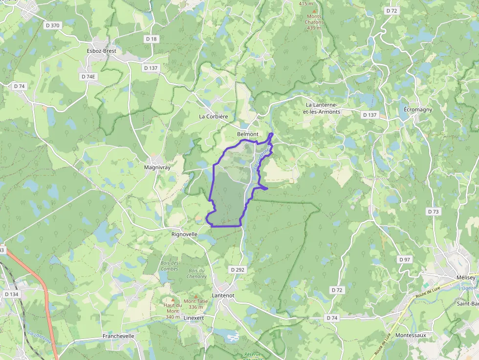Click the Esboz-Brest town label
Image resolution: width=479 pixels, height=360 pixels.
coord(102,50)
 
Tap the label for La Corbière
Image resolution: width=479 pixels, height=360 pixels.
coord(213,117)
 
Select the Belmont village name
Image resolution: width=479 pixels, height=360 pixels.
coord(247,134)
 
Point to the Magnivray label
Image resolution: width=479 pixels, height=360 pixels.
coord(157,167)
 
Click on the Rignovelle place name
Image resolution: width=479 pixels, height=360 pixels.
coord(184,234)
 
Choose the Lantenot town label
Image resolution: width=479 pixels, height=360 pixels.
coord(223,296)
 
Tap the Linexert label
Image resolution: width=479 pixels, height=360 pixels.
coord(194,318)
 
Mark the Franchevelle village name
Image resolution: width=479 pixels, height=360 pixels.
coord(118,336)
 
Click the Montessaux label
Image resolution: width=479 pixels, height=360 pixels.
coord(411,335)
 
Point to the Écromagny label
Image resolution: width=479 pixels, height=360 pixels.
coord(418,109)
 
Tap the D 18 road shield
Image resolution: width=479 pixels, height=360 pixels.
coord(151,39)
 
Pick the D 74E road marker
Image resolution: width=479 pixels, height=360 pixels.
coord(88,77)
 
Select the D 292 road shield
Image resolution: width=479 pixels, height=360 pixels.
coord(237,269)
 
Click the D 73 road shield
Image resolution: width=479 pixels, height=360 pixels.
coord(433,212)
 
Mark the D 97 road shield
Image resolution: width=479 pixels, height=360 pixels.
coord(404,259)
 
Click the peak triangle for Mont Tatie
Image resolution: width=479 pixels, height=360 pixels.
coord(196,296)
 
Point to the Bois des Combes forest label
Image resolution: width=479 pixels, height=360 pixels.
coord(170,266)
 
